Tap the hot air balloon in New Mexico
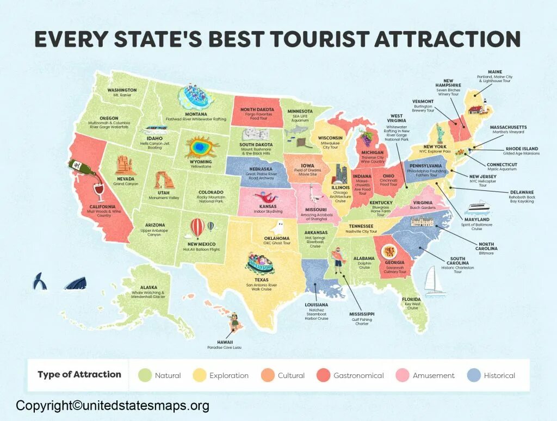coord(197,227)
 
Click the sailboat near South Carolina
coord(435,282)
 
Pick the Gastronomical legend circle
coord(324,375)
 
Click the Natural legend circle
coord(145,375)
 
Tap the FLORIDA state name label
coord(412,299)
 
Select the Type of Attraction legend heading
coord(79,374)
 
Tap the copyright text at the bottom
coord(113,405)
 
